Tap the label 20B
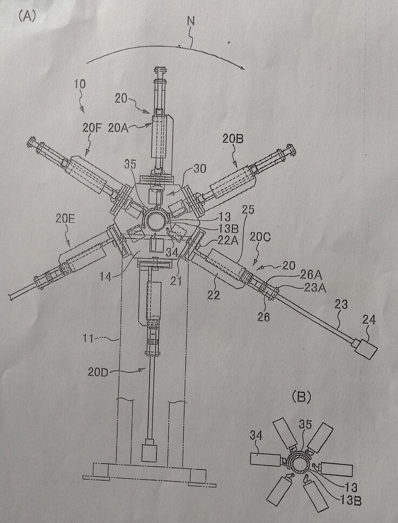232,139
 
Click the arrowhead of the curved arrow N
244,68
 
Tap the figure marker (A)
26,16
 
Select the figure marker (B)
300,397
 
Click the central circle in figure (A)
158,222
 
